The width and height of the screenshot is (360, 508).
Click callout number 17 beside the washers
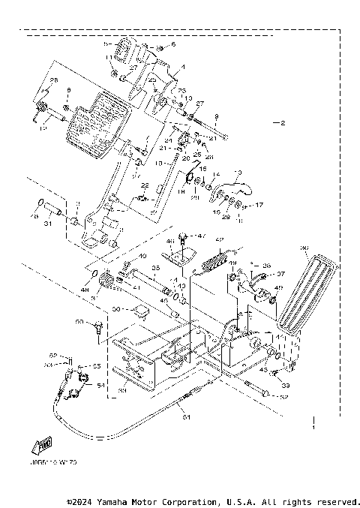pos(259,204)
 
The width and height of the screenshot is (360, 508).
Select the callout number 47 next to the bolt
pos(201,236)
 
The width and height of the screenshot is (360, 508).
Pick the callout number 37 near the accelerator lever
pos(281,274)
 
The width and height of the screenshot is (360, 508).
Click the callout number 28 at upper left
pos(53,80)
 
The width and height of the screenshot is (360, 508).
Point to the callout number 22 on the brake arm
pos(145,185)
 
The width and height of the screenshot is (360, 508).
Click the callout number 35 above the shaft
pos(156,267)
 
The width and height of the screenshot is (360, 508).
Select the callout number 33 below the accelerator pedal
pos(285,385)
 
